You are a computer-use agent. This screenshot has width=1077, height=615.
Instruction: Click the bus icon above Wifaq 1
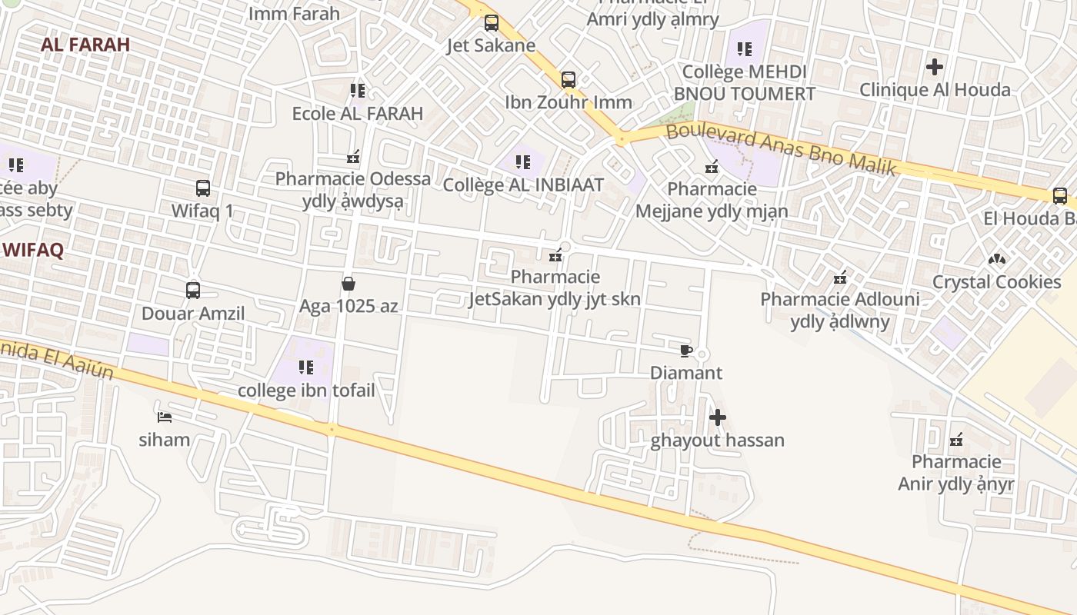(203, 188)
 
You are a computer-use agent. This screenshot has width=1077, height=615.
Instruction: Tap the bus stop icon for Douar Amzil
(193, 291)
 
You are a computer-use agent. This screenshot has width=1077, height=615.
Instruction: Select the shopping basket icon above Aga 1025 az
(348, 284)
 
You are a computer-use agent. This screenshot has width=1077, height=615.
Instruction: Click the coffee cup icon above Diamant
(686, 351)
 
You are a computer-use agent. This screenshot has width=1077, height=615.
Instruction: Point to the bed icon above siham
(164, 417)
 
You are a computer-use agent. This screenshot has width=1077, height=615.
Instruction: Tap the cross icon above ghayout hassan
(718, 418)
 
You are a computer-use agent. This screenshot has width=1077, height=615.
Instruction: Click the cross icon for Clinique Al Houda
(935, 67)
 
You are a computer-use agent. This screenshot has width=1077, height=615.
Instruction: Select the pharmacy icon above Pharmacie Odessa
(353, 158)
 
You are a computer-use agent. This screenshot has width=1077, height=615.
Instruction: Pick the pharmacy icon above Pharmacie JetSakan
(555, 255)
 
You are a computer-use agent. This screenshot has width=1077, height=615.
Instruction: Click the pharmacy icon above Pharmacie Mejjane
(712, 167)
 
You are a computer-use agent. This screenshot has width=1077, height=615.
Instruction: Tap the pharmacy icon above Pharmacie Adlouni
(840, 278)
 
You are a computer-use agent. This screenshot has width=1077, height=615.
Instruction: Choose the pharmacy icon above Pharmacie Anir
(956, 440)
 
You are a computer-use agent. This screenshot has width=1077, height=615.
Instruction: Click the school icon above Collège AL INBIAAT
(523, 162)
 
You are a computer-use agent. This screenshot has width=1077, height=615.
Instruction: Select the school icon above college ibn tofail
(306, 367)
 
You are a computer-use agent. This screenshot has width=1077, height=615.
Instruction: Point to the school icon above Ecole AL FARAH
(358, 91)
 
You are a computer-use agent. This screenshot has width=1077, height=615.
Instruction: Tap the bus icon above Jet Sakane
(492, 23)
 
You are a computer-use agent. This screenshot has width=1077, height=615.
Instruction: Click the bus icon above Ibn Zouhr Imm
(569, 79)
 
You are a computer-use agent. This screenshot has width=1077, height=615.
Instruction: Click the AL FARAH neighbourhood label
(85, 45)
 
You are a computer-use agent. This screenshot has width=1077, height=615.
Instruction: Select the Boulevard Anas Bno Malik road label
(782, 149)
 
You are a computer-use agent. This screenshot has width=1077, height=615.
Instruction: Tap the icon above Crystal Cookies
(997, 260)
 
